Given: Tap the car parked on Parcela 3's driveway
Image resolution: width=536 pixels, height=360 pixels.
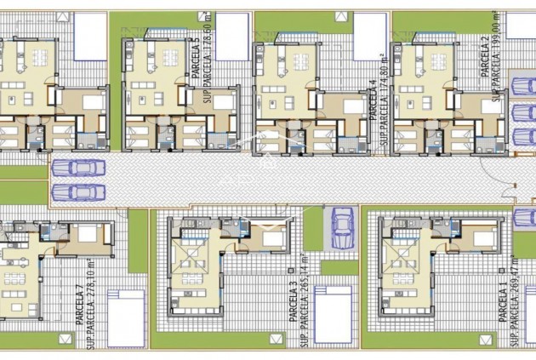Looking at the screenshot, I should pos(342,227).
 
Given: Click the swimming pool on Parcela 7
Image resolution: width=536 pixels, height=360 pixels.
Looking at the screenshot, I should pos(125,317).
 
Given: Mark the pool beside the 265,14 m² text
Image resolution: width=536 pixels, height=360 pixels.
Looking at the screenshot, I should pos(333,313).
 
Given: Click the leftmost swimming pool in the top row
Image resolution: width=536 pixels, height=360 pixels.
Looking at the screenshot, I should pos(89,34).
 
